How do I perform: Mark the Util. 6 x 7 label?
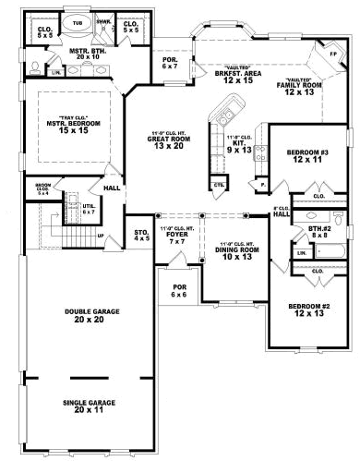click(90, 210)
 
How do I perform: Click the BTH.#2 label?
click(319, 230)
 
